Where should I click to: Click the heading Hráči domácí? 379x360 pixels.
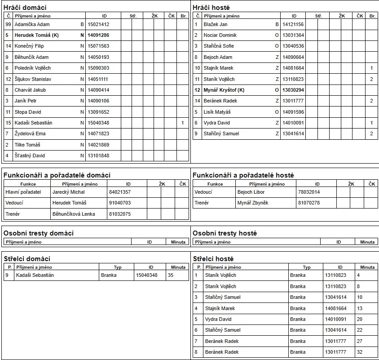[x=25, y=8]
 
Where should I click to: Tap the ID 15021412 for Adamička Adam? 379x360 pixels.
[x=98, y=24]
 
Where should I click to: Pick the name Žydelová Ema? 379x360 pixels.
[x=30, y=133]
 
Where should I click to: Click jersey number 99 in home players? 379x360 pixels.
[x=8, y=24]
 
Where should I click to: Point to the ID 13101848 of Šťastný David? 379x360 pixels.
[x=98, y=156]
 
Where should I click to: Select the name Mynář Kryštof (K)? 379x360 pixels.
[x=224, y=90]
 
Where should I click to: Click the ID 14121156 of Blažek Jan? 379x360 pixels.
[x=293, y=24]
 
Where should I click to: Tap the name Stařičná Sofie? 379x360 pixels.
[x=219, y=46]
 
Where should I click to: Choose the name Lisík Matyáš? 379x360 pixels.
[x=217, y=112]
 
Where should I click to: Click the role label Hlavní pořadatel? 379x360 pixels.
[x=23, y=192]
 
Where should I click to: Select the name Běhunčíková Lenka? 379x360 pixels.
[x=74, y=214]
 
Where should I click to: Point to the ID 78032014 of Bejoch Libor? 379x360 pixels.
[x=309, y=192]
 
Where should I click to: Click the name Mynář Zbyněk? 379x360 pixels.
[x=253, y=203]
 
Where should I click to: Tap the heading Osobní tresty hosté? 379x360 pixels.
[x=225, y=233]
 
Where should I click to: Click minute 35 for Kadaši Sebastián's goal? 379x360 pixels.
[x=171, y=275]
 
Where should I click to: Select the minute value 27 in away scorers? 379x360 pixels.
[x=359, y=341]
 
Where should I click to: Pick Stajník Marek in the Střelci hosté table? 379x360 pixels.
[x=220, y=308]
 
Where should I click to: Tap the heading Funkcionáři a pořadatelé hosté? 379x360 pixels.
[x=243, y=175]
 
